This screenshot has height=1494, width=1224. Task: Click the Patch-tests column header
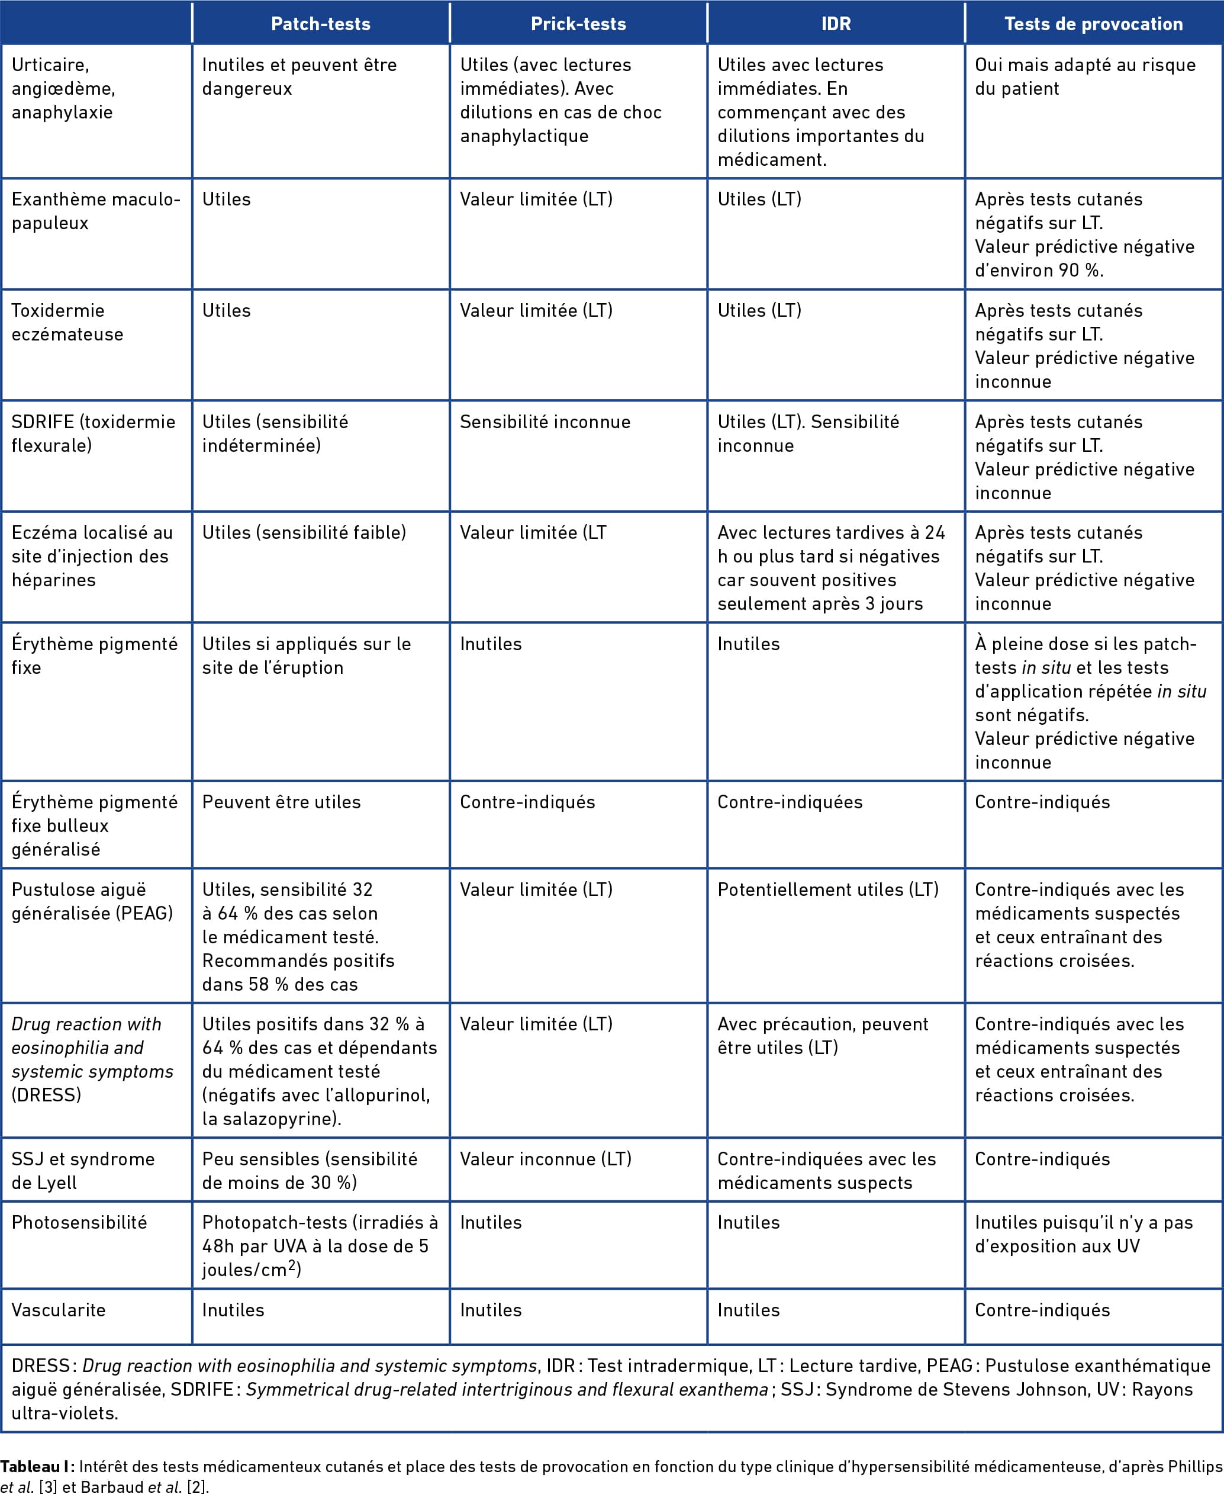point(321,24)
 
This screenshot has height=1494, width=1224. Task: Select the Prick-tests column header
point(578,24)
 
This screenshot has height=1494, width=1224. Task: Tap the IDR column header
point(836,24)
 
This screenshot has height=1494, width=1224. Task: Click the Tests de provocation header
point(1094,24)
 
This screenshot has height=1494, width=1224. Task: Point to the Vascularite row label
point(59,1310)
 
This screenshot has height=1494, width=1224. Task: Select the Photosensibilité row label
point(79,1222)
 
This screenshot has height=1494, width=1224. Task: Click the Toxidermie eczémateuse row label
point(67,322)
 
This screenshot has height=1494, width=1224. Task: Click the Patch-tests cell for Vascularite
point(233,1310)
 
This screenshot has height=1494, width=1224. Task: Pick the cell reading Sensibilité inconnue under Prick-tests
point(545,422)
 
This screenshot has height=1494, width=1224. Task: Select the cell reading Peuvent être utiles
point(281,802)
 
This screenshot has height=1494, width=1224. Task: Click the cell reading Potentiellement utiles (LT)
point(828,889)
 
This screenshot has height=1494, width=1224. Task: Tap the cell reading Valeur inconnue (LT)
point(546,1159)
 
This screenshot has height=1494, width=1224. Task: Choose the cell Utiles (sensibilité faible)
point(304,532)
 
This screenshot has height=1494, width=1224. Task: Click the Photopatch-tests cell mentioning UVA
point(320,1246)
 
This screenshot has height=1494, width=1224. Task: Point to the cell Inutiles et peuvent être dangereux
point(299,76)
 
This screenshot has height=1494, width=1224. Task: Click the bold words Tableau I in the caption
point(37,1467)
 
